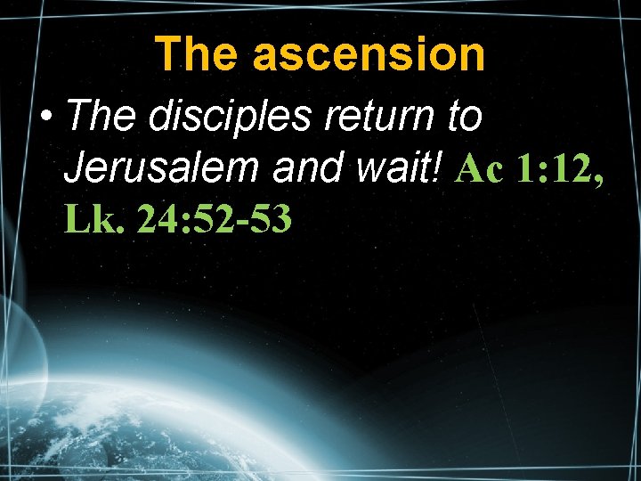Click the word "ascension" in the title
click(384, 55)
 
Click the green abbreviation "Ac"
click(478, 168)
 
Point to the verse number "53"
click(269, 218)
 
